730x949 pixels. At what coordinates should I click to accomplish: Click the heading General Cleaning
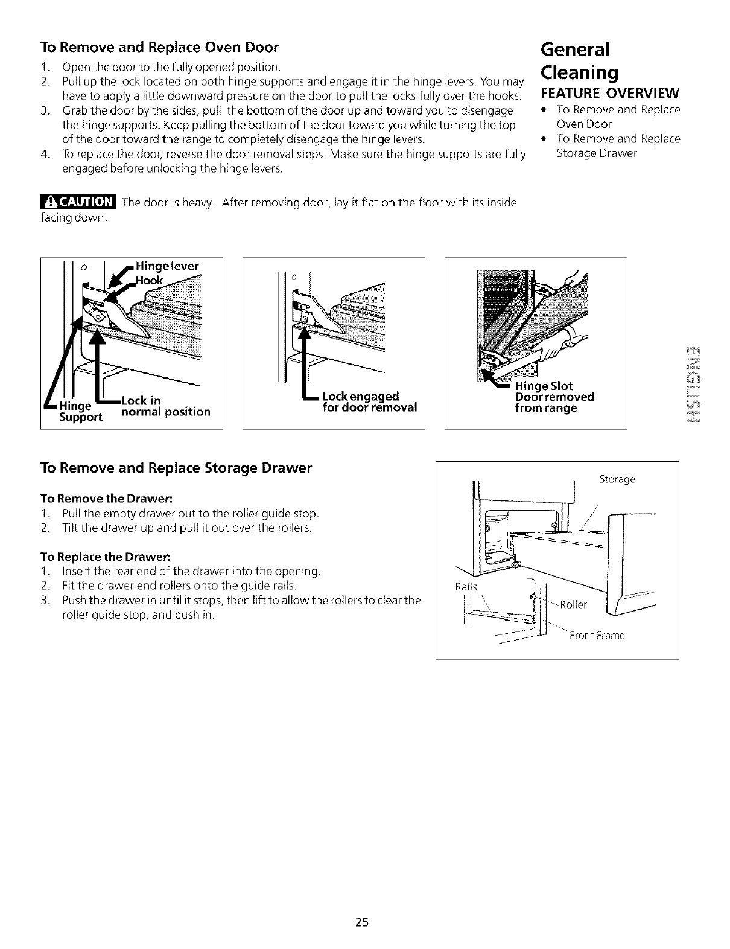point(580,60)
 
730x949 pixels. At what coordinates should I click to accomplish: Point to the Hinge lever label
point(168,266)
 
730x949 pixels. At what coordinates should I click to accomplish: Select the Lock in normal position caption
point(165,406)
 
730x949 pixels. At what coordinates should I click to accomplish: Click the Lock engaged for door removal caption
point(370,401)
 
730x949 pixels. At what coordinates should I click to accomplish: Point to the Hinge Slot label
point(544,386)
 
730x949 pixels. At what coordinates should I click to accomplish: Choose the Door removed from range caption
point(554,402)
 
